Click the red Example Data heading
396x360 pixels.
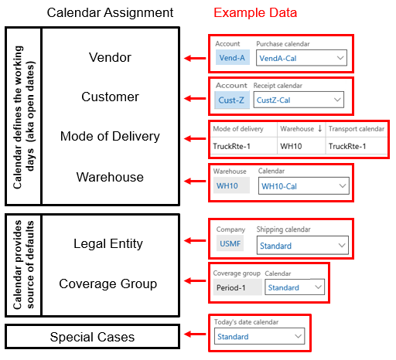click(x=254, y=13)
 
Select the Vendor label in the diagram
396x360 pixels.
click(x=110, y=57)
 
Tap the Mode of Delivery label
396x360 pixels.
click(x=110, y=137)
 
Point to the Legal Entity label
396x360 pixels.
click(x=108, y=243)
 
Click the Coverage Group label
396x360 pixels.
click(x=108, y=284)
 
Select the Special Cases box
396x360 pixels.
click(x=92, y=337)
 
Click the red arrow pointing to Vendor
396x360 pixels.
click(x=193, y=58)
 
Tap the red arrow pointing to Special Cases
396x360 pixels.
click(x=193, y=337)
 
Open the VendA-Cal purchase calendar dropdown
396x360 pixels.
click(x=301, y=58)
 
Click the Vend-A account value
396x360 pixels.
click(x=232, y=58)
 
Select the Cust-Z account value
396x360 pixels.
click(x=231, y=100)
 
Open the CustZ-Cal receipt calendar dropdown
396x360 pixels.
click(x=299, y=100)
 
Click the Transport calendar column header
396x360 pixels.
click(x=356, y=128)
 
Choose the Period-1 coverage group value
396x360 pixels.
click(x=235, y=287)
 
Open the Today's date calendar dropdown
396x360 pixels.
click(x=258, y=337)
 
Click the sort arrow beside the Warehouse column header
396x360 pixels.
click(x=319, y=128)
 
